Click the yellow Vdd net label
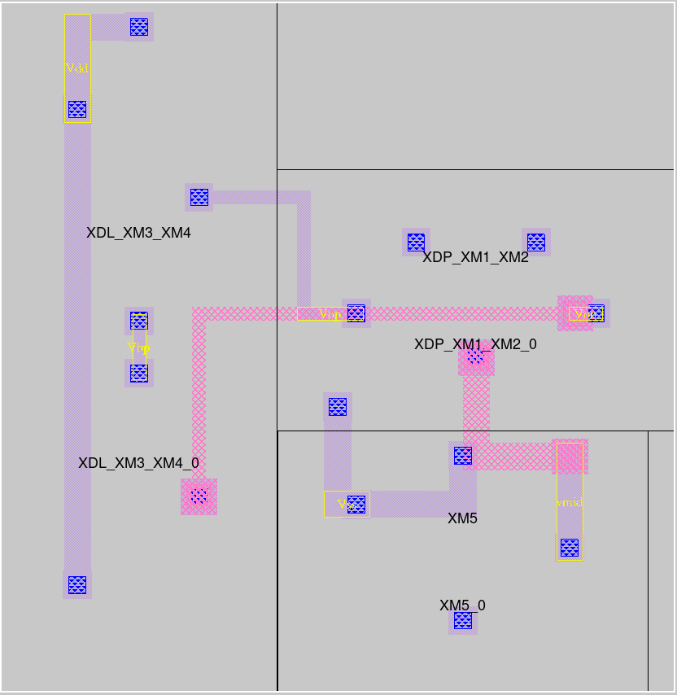pyautogui.click(x=76, y=68)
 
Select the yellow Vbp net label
pyautogui.click(x=139, y=347)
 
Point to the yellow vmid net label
pyautogui.click(x=570, y=503)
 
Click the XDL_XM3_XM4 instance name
pyautogui.click(x=138, y=233)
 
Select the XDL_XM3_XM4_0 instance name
pyautogui.click(x=138, y=463)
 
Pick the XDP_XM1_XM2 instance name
pyautogui.click(x=475, y=258)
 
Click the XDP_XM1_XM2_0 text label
pyautogui.click(x=475, y=344)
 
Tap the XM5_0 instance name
pyautogui.click(x=462, y=605)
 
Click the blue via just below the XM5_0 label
pyautogui.click(x=463, y=621)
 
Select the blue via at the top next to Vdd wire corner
pyautogui.click(x=139, y=27)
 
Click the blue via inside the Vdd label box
pyautogui.click(x=77, y=109)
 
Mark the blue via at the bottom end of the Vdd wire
pyautogui.click(x=77, y=584)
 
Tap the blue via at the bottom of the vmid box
pyautogui.click(x=570, y=547)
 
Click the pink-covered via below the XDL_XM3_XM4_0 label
pyautogui.click(x=199, y=496)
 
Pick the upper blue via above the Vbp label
pyautogui.click(x=139, y=321)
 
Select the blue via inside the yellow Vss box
pyautogui.click(x=356, y=505)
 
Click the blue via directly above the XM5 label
pyautogui.click(x=462, y=456)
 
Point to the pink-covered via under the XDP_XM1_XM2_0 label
pyautogui.click(x=476, y=356)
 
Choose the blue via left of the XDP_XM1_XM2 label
pyautogui.click(x=416, y=243)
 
